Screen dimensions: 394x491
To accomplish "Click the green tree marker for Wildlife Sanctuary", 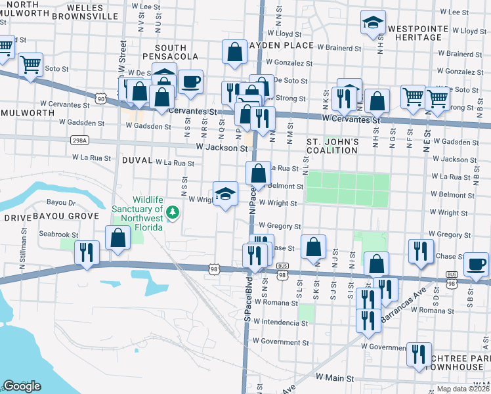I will click(x=173, y=212).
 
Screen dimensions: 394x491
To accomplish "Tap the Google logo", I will click(x=22, y=385).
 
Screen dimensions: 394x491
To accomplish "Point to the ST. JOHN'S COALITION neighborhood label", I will click(x=333, y=146).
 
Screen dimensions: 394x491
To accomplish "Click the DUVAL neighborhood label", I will click(x=137, y=160).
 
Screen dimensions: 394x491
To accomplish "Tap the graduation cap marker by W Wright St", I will click(x=225, y=194).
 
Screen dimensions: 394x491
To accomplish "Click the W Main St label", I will click(x=335, y=378).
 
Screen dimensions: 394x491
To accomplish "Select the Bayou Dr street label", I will click(x=62, y=204).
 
